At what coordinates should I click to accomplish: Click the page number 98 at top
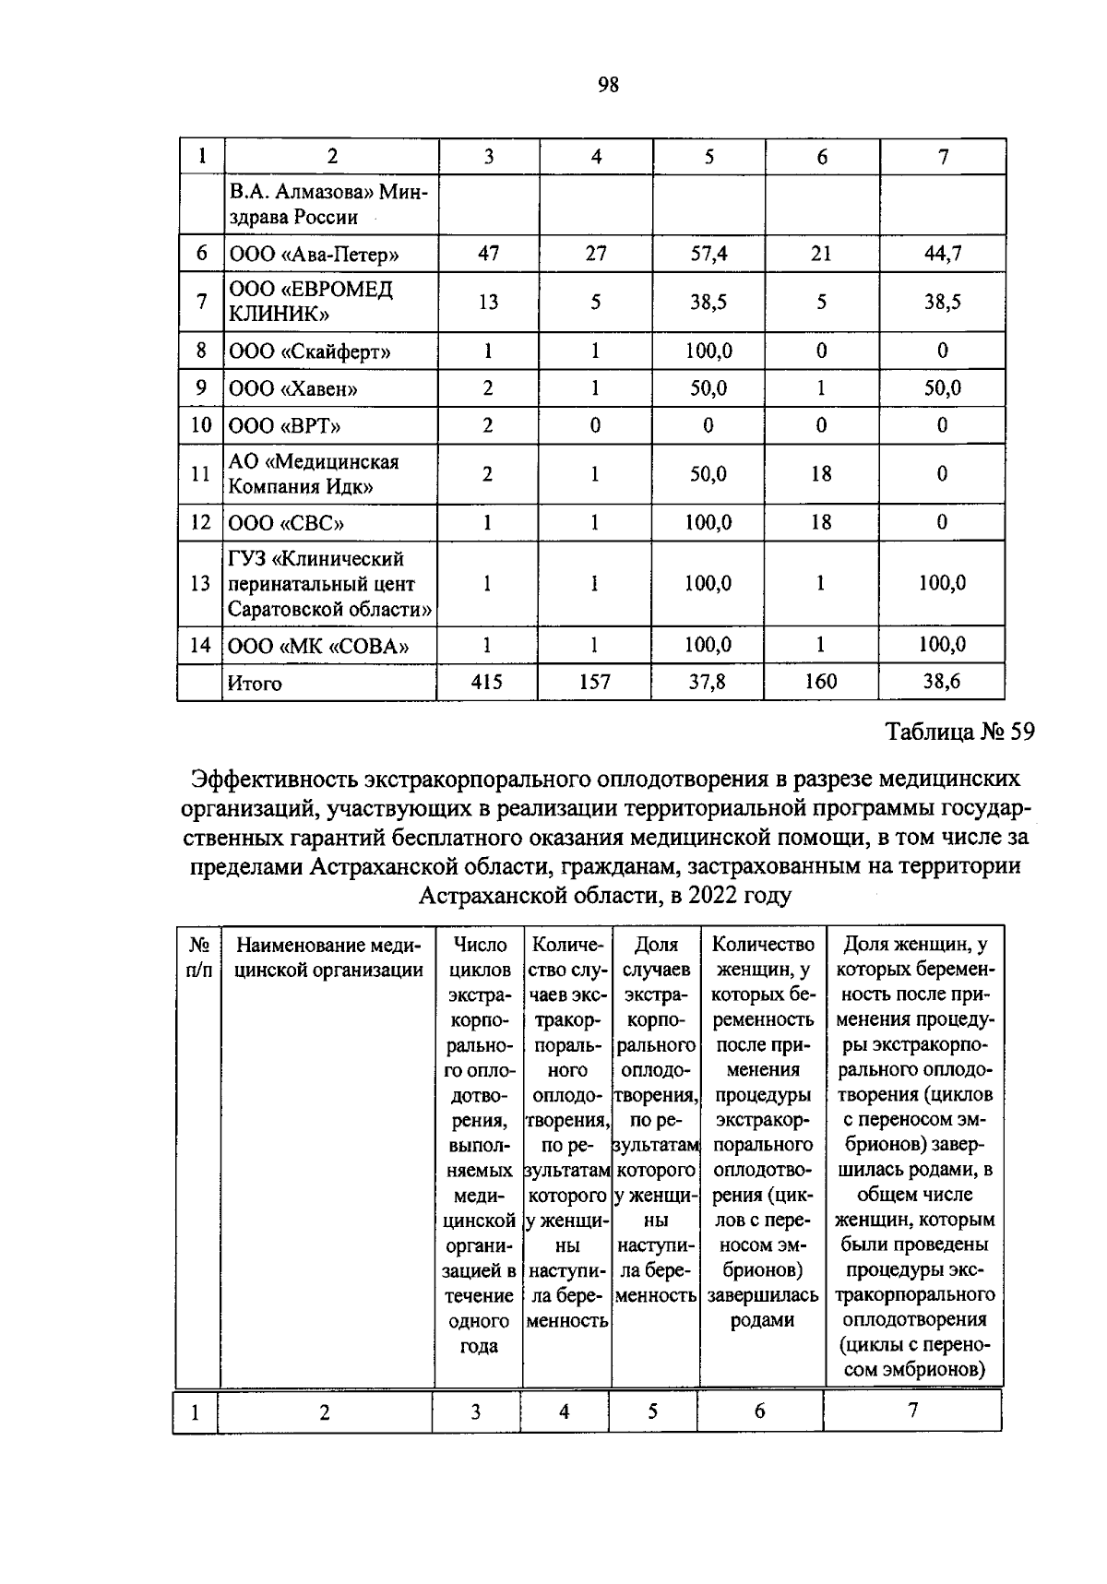tap(608, 86)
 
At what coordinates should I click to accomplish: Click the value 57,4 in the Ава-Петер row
tap(708, 253)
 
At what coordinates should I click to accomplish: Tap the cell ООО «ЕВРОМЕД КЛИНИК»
tap(312, 302)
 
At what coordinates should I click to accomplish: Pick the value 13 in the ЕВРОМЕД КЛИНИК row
tap(488, 302)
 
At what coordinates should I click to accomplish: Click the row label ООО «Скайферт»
tap(310, 351)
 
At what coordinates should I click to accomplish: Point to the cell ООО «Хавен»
tap(293, 388)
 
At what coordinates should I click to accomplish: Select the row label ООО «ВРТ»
tap(285, 425)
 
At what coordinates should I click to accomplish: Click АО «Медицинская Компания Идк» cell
tap(314, 474)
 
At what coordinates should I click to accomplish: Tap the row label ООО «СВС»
tap(287, 523)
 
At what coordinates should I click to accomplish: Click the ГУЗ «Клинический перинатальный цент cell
tap(330, 584)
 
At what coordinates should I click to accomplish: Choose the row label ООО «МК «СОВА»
tap(318, 646)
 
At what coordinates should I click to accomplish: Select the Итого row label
tap(255, 684)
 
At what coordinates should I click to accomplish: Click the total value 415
tap(487, 683)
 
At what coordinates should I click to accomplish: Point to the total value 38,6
tap(942, 683)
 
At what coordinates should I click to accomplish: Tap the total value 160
tap(820, 683)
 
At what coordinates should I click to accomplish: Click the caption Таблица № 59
tap(959, 732)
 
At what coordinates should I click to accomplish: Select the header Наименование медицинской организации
tap(328, 958)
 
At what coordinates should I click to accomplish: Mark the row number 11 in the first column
tap(200, 474)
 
